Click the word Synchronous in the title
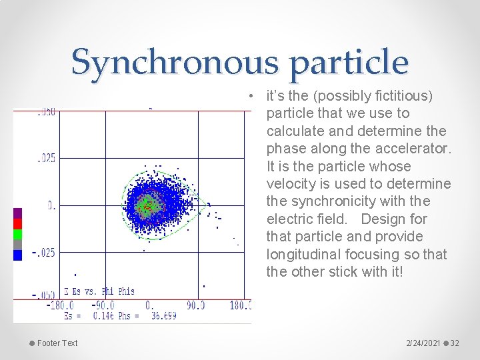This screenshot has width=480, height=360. point(171,62)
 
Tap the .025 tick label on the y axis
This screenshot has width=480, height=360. point(45,159)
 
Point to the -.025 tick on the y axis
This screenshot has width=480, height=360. point(43,253)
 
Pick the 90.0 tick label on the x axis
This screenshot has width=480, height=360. point(195,305)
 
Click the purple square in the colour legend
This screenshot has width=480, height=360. point(18,213)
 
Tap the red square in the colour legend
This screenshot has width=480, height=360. point(18,224)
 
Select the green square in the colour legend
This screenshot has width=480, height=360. point(18,234)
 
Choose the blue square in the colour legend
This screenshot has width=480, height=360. point(18,255)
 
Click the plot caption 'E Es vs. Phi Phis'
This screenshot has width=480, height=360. point(99,291)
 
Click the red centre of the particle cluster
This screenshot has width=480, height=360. point(147,207)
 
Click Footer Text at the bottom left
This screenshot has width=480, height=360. point(57,343)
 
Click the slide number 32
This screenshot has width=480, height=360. point(455,343)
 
